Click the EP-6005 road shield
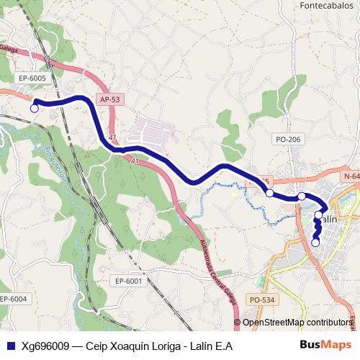click(x=32, y=78)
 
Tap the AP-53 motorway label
click(x=109, y=99)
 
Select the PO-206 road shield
click(x=288, y=138)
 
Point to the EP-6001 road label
click(x=129, y=281)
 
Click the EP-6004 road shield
click(x=12, y=299)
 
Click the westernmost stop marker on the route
click(x=34, y=108)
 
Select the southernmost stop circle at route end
click(x=315, y=243)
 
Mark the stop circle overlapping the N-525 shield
click(x=269, y=193)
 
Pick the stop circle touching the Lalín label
click(x=318, y=215)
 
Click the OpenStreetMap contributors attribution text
click(x=297, y=323)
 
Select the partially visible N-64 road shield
click(x=351, y=176)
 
